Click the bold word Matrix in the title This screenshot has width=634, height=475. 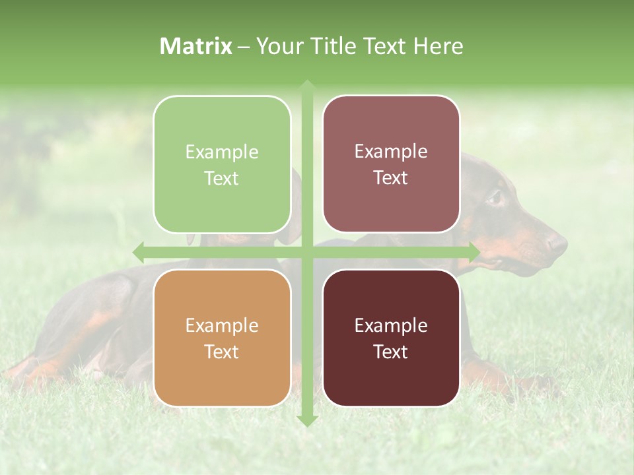pyautogui.click(x=196, y=46)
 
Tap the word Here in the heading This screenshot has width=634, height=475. pyautogui.click(x=438, y=46)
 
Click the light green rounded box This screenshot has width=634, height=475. pyautogui.click(x=222, y=164)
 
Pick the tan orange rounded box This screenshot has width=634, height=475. pyautogui.click(x=222, y=338)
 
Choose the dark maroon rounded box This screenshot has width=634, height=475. pyautogui.click(x=391, y=338)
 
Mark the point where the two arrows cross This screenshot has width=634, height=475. pyautogui.click(x=306, y=252)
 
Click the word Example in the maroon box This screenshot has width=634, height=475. pyautogui.click(x=391, y=325)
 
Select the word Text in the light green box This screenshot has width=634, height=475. pyautogui.click(x=222, y=178)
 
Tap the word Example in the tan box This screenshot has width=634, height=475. pyautogui.click(x=222, y=325)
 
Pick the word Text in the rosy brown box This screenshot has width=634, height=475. pyautogui.click(x=391, y=177)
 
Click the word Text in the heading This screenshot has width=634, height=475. pyautogui.click(x=381, y=46)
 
